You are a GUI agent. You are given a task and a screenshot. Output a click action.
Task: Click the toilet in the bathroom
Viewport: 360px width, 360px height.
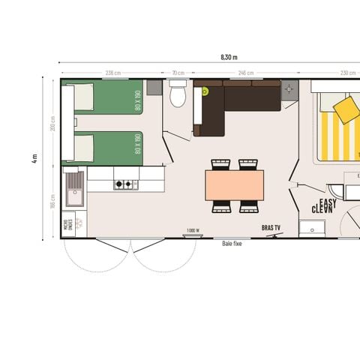178,96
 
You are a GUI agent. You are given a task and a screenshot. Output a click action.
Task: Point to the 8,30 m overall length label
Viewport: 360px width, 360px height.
229,57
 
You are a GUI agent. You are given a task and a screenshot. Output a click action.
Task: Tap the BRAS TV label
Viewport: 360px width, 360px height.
271,226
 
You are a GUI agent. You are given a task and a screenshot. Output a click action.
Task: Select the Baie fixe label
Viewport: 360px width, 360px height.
232,243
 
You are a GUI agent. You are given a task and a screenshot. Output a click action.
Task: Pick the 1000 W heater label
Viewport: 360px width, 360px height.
192,229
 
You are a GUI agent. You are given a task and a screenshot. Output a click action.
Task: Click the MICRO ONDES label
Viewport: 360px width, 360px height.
67,224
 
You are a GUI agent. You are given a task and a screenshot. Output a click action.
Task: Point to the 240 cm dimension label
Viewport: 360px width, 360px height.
245,73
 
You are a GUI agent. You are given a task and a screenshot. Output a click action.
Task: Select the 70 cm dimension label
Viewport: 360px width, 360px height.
178,73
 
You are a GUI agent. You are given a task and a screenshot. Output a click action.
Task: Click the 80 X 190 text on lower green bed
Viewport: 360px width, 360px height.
138,143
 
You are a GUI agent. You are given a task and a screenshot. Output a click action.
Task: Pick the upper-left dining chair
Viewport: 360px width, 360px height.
220,164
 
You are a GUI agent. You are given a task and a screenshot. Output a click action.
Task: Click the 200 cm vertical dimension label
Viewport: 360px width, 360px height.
52,121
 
